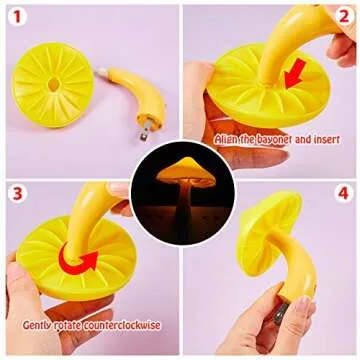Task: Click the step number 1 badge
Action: point(17,17)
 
